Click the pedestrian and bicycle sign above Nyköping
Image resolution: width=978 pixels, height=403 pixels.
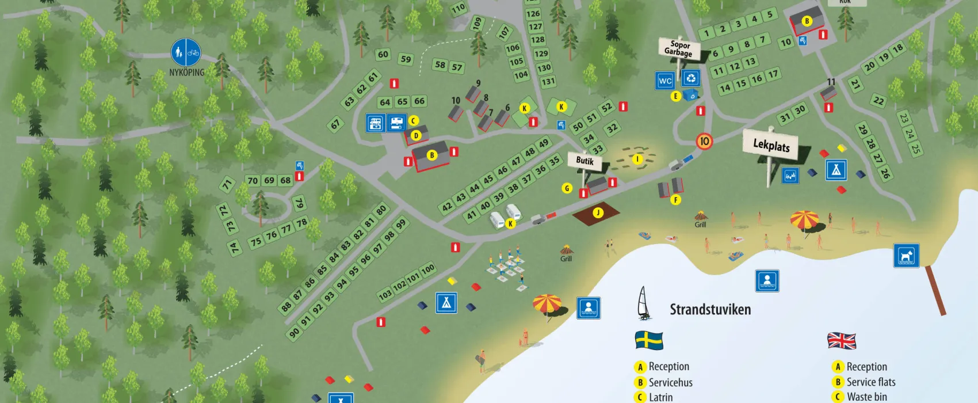[186, 52]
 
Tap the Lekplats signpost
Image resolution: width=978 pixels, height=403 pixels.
[771, 145]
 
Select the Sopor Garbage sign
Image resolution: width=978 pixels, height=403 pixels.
[679, 49]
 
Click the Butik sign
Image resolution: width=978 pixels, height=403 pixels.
[584, 161]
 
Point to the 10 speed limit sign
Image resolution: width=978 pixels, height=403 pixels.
[704, 141]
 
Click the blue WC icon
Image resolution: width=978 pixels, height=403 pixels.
[665, 81]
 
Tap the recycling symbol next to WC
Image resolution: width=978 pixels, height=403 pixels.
[690, 78]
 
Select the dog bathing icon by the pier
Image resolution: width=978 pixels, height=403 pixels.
[906, 256]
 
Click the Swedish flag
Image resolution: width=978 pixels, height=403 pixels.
[649, 340]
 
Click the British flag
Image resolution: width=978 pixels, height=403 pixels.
[842, 341]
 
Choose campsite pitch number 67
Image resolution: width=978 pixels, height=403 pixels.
[335, 124]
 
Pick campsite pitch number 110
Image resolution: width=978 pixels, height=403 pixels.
[458, 9]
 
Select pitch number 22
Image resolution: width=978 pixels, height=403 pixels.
[878, 101]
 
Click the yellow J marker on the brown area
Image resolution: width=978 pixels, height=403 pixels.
[598, 213]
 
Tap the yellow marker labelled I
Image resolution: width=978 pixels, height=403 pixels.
[637, 159]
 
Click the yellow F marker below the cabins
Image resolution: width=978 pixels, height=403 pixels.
[675, 200]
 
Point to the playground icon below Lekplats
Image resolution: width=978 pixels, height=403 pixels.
[790, 176]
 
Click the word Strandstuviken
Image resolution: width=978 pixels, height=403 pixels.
[710, 310]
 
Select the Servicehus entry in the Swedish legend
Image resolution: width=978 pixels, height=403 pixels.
[670, 382]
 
